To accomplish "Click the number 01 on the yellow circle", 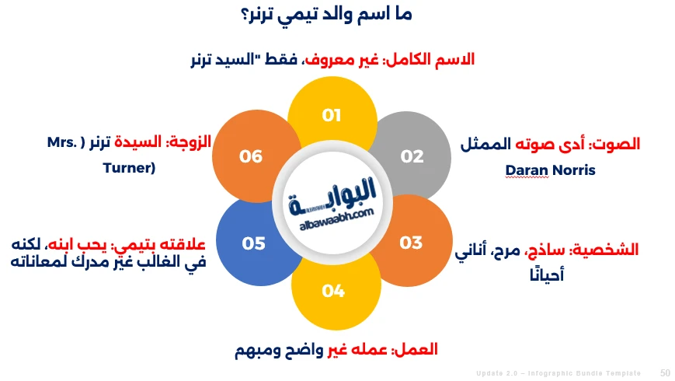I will (x=332, y=116).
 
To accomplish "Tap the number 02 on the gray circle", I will (x=412, y=156).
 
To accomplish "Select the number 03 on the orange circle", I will (x=411, y=243).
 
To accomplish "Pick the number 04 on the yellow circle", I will (x=332, y=291).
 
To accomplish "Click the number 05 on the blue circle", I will (x=253, y=243).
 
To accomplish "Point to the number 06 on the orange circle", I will (x=251, y=156).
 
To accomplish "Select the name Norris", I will (x=573, y=170).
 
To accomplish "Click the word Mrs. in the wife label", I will (x=64, y=144).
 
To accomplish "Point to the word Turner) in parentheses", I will (x=129, y=166).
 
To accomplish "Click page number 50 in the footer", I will (x=665, y=373).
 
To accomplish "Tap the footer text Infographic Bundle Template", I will (x=591, y=374).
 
